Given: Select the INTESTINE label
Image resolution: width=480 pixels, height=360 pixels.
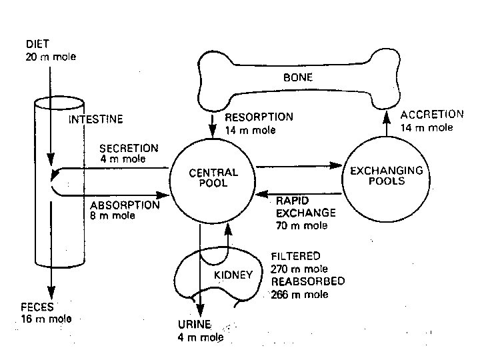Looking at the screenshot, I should tap(97, 121).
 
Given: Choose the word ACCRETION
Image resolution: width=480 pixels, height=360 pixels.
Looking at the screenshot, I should tap(431, 115).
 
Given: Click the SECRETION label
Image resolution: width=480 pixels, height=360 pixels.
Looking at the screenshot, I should tap(129, 148).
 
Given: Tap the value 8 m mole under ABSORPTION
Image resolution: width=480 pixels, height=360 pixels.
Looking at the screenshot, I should tap(112, 215).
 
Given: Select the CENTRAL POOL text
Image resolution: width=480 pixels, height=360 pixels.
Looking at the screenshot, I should tap(213, 177).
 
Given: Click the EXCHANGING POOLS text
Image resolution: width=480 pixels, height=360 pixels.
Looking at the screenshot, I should tap(387, 176).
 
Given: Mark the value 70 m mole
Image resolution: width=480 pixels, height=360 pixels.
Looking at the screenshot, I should tap(301, 225).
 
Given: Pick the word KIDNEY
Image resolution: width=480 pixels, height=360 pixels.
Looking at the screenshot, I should tap(233, 275).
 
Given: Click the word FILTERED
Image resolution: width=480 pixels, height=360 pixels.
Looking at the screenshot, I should tap(295, 256).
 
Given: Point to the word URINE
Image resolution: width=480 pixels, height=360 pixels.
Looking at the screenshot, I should tap(195, 325).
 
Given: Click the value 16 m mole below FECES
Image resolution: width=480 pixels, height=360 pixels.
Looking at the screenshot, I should tap(45, 319).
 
